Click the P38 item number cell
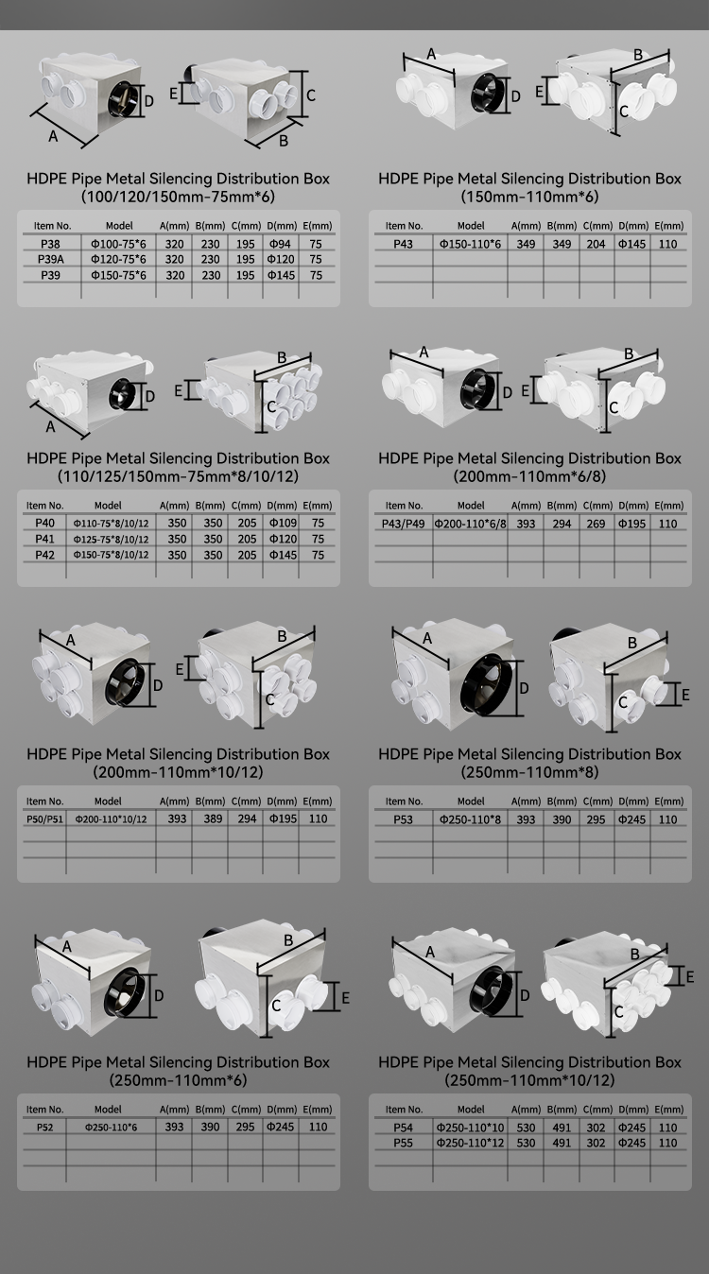point(50,244)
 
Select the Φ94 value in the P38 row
point(280,244)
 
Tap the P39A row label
point(51,259)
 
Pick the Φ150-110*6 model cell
point(470,244)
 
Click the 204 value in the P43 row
point(596,244)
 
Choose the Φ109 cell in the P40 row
point(283,523)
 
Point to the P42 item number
point(45,555)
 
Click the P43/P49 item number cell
point(403,524)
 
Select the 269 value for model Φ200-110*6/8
point(596,524)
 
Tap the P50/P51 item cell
point(45,819)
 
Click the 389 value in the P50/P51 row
point(213,818)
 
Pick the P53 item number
point(403,819)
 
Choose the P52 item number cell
point(45,1128)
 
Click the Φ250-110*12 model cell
point(470,1143)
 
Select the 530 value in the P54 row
point(526,1128)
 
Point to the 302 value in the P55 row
point(596,1143)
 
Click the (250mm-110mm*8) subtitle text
point(529,772)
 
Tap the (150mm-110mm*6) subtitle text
point(529,197)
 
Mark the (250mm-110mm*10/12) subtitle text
point(529,1080)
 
